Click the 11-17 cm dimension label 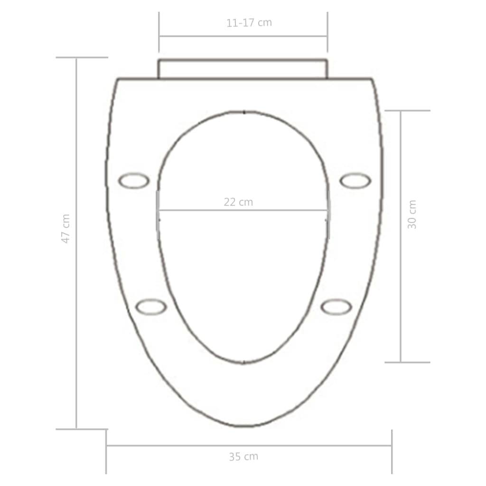coord(249,22)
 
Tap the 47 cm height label coord(66,229)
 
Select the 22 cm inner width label coord(239,202)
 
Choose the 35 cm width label coord(243,457)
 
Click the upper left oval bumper coord(134,180)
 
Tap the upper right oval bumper coord(355,180)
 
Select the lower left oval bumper coord(151,307)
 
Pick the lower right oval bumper coord(336,307)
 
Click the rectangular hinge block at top coord(243,69)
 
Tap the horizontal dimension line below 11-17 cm coord(243,36)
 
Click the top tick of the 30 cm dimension coord(407,111)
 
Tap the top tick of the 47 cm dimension coord(82,57)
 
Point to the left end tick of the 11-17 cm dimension coord(159,32)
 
